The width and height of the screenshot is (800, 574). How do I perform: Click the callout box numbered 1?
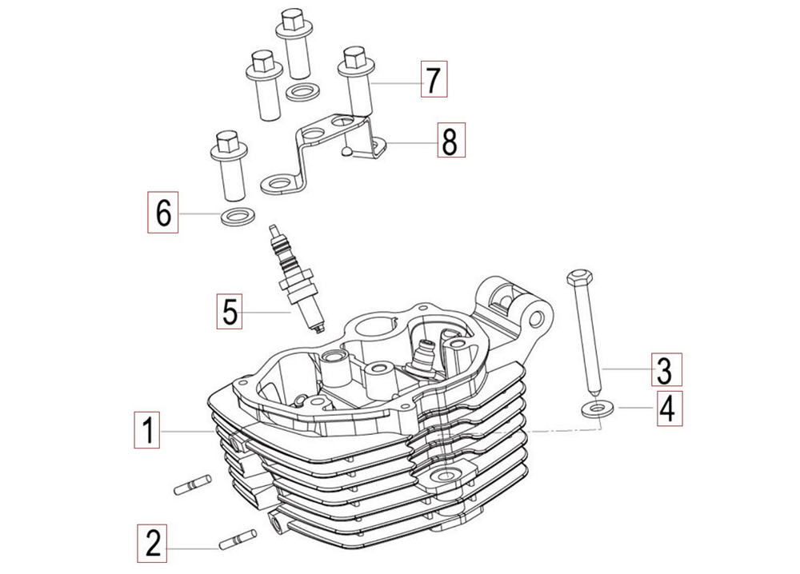point(149,429)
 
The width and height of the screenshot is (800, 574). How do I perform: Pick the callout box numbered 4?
point(668,409)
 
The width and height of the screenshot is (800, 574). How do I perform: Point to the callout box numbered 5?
point(229,311)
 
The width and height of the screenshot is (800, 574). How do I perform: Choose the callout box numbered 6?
point(163,212)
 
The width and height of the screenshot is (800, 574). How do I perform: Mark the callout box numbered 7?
point(434,79)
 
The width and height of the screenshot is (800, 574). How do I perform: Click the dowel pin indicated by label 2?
point(238,540)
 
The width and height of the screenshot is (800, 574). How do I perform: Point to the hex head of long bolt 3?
point(579,277)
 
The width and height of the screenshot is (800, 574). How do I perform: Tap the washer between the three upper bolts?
point(301,92)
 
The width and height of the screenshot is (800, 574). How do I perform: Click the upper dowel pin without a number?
point(192,483)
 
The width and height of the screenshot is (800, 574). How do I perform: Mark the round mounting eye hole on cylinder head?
point(536,319)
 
